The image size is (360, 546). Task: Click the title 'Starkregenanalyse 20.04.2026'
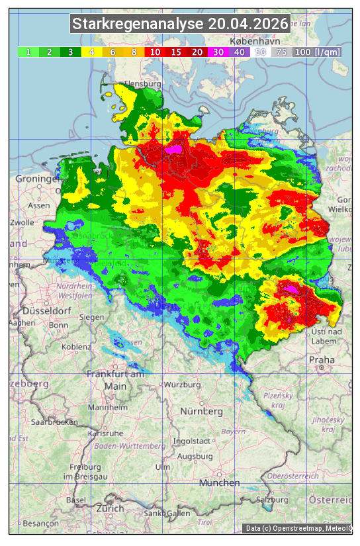[180, 24]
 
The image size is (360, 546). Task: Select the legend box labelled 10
[156, 52]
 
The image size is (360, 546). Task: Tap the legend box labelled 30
[218, 52]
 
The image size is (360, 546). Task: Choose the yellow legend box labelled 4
[92, 52]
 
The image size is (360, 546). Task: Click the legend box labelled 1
[28, 52]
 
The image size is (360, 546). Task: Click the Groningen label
[38, 179]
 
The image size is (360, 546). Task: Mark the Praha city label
[322, 360]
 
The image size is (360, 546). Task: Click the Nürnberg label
[202, 411]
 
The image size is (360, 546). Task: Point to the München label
[219, 482]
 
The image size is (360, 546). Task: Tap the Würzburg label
[182, 385]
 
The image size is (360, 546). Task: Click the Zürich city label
[110, 508]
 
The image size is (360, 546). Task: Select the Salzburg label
[274, 500]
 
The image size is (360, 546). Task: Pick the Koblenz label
[77, 346]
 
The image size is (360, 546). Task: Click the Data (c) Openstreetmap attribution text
[298, 528]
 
